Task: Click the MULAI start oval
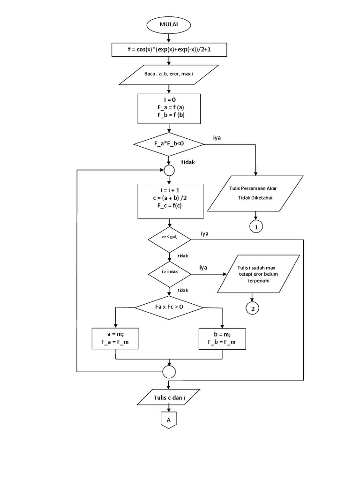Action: [169, 24]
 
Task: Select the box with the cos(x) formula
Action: [169, 49]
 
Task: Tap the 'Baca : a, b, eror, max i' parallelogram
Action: [169, 75]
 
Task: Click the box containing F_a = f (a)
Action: [169, 107]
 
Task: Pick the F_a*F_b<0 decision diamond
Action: [169, 145]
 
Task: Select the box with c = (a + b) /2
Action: [169, 201]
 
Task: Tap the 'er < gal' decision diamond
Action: [169, 239]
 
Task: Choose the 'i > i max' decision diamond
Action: [169, 272]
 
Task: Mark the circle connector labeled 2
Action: [253, 308]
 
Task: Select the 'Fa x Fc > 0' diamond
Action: [169, 307]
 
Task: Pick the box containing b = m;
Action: [222, 337]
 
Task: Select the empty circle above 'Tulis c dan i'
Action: [169, 372]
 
